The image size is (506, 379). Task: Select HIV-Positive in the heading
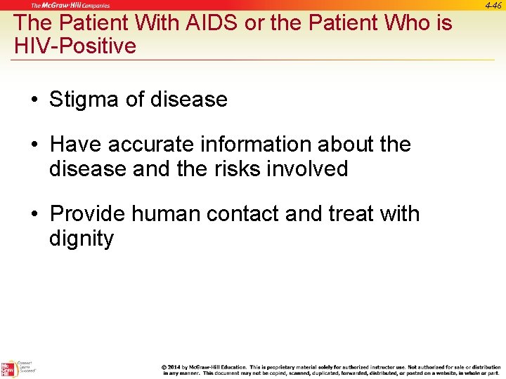tap(75, 47)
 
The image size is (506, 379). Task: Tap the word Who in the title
tap(409, 22)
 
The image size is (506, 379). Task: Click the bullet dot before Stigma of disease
tap(34, 100)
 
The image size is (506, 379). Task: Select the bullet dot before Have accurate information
tap(34, 145)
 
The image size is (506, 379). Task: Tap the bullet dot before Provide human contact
tap(34, 213)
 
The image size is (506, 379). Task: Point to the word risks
tap(237, 169)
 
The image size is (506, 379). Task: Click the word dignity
tap(81, 239)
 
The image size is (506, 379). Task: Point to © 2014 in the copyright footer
tap(174, 367)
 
